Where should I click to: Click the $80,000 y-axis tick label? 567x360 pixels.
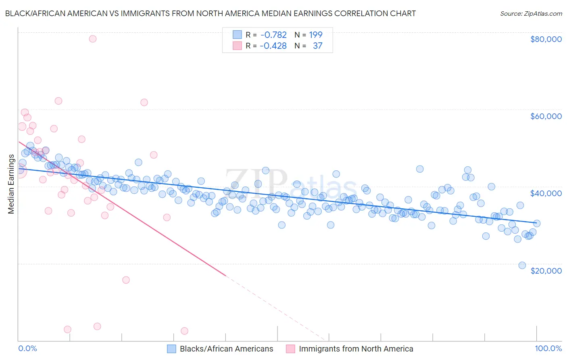(x=546, y=39)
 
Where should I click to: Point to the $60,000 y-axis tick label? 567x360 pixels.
(x=546, y=116)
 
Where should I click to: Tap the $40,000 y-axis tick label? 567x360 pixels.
(x=546, y=193)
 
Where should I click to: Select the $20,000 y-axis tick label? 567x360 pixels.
(x=546, y=270)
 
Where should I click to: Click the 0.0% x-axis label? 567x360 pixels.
(x=27, y=348)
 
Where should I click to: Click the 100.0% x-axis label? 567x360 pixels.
(x=548, y=348)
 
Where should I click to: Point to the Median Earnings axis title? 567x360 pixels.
(x=11, y=184)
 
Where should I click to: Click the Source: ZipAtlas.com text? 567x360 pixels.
(x=531, y=13)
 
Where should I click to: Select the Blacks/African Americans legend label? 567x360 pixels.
(x=226, y=349)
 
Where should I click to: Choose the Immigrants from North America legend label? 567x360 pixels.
(x=356, y=349)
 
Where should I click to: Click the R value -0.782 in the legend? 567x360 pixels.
(x=273, y=35)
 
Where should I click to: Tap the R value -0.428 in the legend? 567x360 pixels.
(x=273, y=46)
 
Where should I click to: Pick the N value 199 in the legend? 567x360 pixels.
(x=316, y=35)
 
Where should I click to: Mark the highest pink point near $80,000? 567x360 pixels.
(x=93, y=39)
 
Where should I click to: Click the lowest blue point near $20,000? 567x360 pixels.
(x=522, y=265)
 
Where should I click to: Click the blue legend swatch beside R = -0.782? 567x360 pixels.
(x=237, y=35)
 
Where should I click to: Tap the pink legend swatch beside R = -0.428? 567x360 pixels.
(x=237, y=46)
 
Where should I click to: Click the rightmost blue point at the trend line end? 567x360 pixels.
(x=537, y=223)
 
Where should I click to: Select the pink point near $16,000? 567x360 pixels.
(x=126, y=280)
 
